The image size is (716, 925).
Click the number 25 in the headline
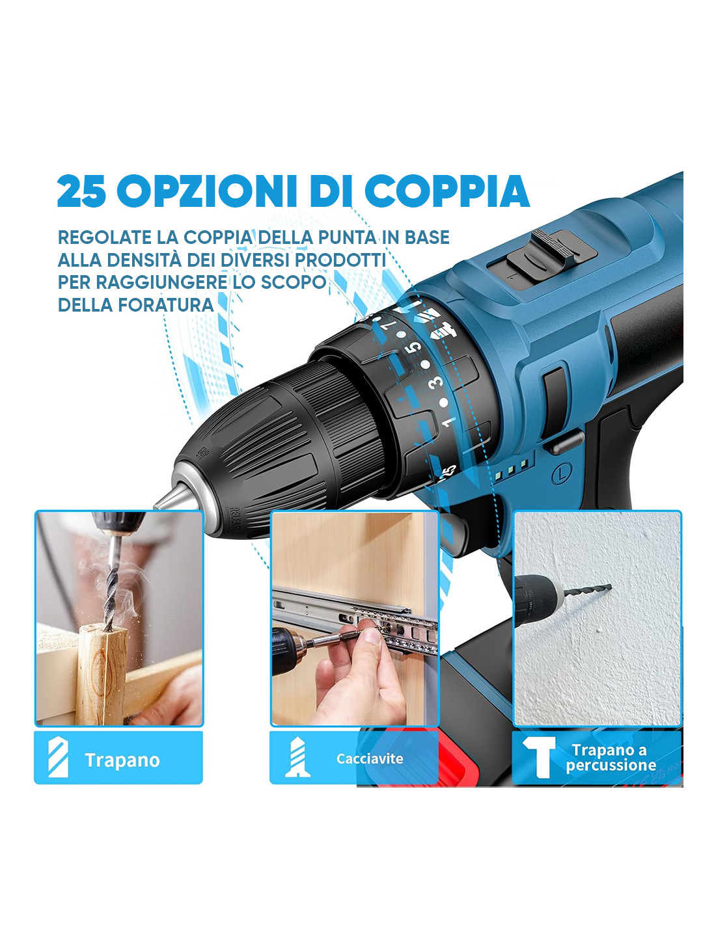click(x=81, y=191)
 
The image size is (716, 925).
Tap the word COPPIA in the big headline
click(x=447, y=191)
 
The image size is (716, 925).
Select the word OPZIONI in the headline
click(x=207, y=191)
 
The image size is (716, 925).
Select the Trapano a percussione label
click(x=611, y=758)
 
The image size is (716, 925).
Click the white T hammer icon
click(x=540, y=757)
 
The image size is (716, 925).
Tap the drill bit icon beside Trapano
click(x=58, y=758)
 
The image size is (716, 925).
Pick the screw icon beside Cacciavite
click(x=297, y=757)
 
